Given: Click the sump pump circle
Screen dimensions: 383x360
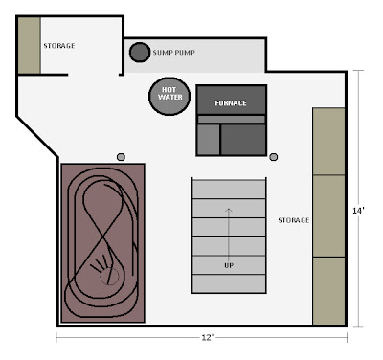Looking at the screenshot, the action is [140, 52].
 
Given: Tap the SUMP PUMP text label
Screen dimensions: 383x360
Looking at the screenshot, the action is [174, 53].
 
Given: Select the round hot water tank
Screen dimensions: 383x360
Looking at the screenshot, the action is [169, 96].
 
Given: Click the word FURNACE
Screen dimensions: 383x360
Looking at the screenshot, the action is [231, 103].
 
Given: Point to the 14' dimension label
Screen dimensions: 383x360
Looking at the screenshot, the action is [358, 211].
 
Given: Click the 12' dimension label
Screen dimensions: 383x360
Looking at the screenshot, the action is [207, 337].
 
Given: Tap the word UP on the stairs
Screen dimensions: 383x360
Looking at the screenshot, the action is [229, 265].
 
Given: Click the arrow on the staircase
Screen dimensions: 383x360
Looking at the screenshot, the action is [229, 235].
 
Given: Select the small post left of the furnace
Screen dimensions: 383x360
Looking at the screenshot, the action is [121, 157].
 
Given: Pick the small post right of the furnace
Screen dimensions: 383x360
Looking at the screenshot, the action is [274, 157].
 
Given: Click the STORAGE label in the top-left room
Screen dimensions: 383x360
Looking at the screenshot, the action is [59, 46].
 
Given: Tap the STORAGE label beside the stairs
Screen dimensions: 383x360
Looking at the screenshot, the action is [294, 220].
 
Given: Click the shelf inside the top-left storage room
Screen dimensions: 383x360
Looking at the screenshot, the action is [29, 45].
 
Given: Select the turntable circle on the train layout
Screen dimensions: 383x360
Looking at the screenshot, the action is [109, 277].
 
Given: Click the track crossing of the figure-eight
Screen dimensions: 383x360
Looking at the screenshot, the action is [103, 237].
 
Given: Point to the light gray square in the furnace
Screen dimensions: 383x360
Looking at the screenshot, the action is [209, 140].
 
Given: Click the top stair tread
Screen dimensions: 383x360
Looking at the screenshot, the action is [229, 189].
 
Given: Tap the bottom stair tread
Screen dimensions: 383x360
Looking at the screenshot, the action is [229, 283].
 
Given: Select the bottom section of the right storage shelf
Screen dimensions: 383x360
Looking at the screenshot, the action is [328, 291].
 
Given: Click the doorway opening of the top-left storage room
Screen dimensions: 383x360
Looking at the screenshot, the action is [93, 75].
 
